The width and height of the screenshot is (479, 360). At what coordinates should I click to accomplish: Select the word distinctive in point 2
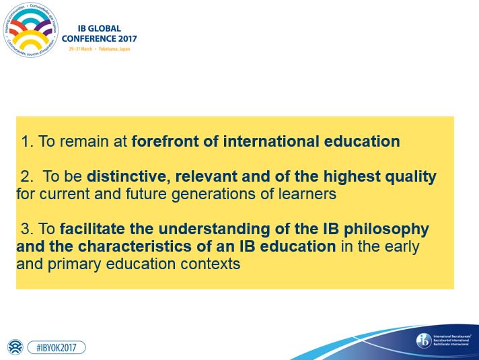point(127,177)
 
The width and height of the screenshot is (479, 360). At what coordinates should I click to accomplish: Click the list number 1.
point(26,142)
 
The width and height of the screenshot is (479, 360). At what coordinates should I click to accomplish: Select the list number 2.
point(26,177)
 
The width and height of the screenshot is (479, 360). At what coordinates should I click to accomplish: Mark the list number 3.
point(26,229)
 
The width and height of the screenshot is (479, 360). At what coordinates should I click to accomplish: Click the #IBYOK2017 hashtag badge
point(56,347)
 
